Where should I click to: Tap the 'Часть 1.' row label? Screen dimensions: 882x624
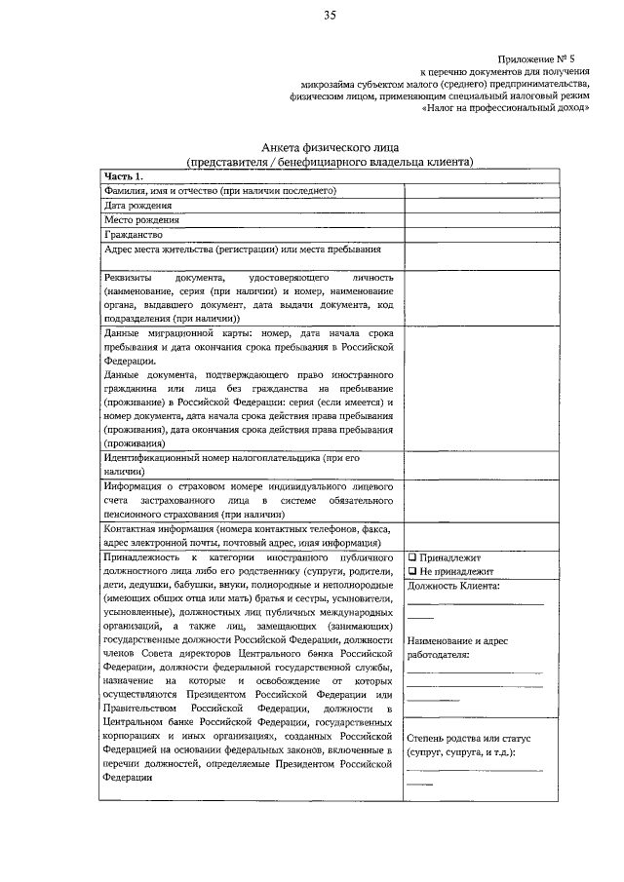(x=124, y=176)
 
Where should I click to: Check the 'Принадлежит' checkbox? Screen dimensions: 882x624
(x=412, y=556)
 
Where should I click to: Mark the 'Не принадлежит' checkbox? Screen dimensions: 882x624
(x=412, y=570)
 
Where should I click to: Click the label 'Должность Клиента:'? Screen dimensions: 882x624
(x=454, y=585)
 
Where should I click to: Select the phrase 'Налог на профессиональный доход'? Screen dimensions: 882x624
(x=507, y=109)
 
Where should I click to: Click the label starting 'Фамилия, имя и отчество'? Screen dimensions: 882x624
(x=220, y=191)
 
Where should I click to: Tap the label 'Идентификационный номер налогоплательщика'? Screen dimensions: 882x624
(x=224, y=457)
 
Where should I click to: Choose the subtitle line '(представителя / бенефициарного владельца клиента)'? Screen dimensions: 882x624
(x=330, y=162)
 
